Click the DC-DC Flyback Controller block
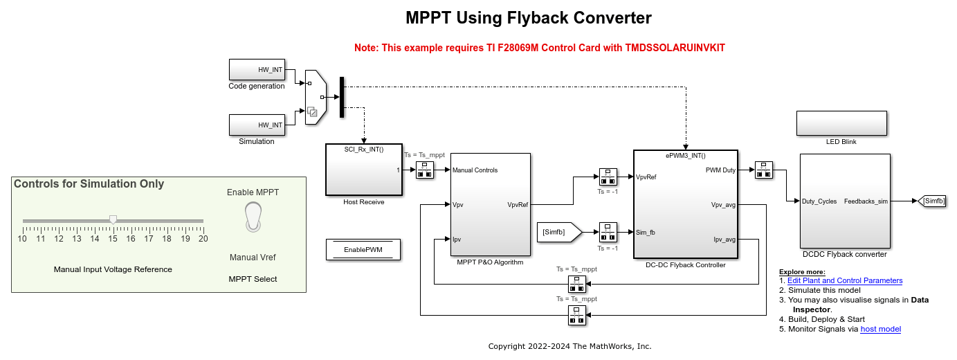[x=685, y=204]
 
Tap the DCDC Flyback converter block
[x=844, y=201]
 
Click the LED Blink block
[x=841, y=123]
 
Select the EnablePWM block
[x=363, y=249]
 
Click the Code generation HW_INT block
[x=257, y=69]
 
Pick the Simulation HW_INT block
[x=257, y=125]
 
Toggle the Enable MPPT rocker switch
[x=253, y=215]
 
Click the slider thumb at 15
[x=113, y=220]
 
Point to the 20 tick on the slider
[x=203, y=238]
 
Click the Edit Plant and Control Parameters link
[x=845, y=280]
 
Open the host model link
[x=880, y=329]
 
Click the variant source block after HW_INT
[x=314, y=97]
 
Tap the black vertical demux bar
[x=341, y=97]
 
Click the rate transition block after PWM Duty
[x=763, y=170]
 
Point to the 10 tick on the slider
[x=23, y=238]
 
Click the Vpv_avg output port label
[x=723, y=205]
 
